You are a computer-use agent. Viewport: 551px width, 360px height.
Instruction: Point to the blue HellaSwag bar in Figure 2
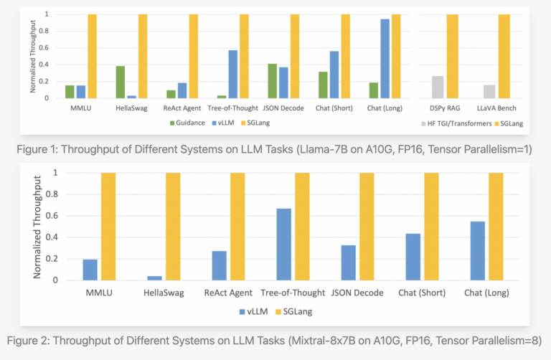coord(155,278)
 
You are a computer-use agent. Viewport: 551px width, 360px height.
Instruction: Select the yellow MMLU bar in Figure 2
coord(108,227)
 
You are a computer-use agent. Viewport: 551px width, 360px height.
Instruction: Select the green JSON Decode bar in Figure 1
coord(272,80)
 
